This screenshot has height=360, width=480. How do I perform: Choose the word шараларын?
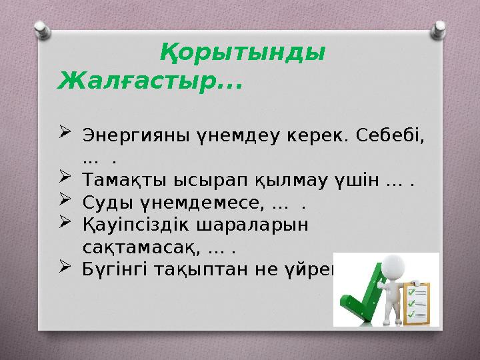coord(252,225)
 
